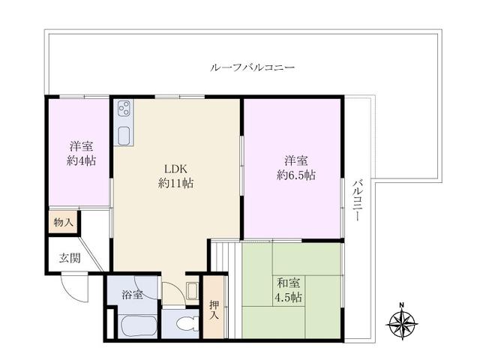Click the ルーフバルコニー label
coord(252,67)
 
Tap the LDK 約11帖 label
coord(176,175)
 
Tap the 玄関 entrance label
coord(69,259)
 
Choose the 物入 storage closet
coord(63,223)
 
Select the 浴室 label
coord(131,295)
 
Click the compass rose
coord(401,324)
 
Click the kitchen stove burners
coord(124,108)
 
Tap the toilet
coord(184,323)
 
